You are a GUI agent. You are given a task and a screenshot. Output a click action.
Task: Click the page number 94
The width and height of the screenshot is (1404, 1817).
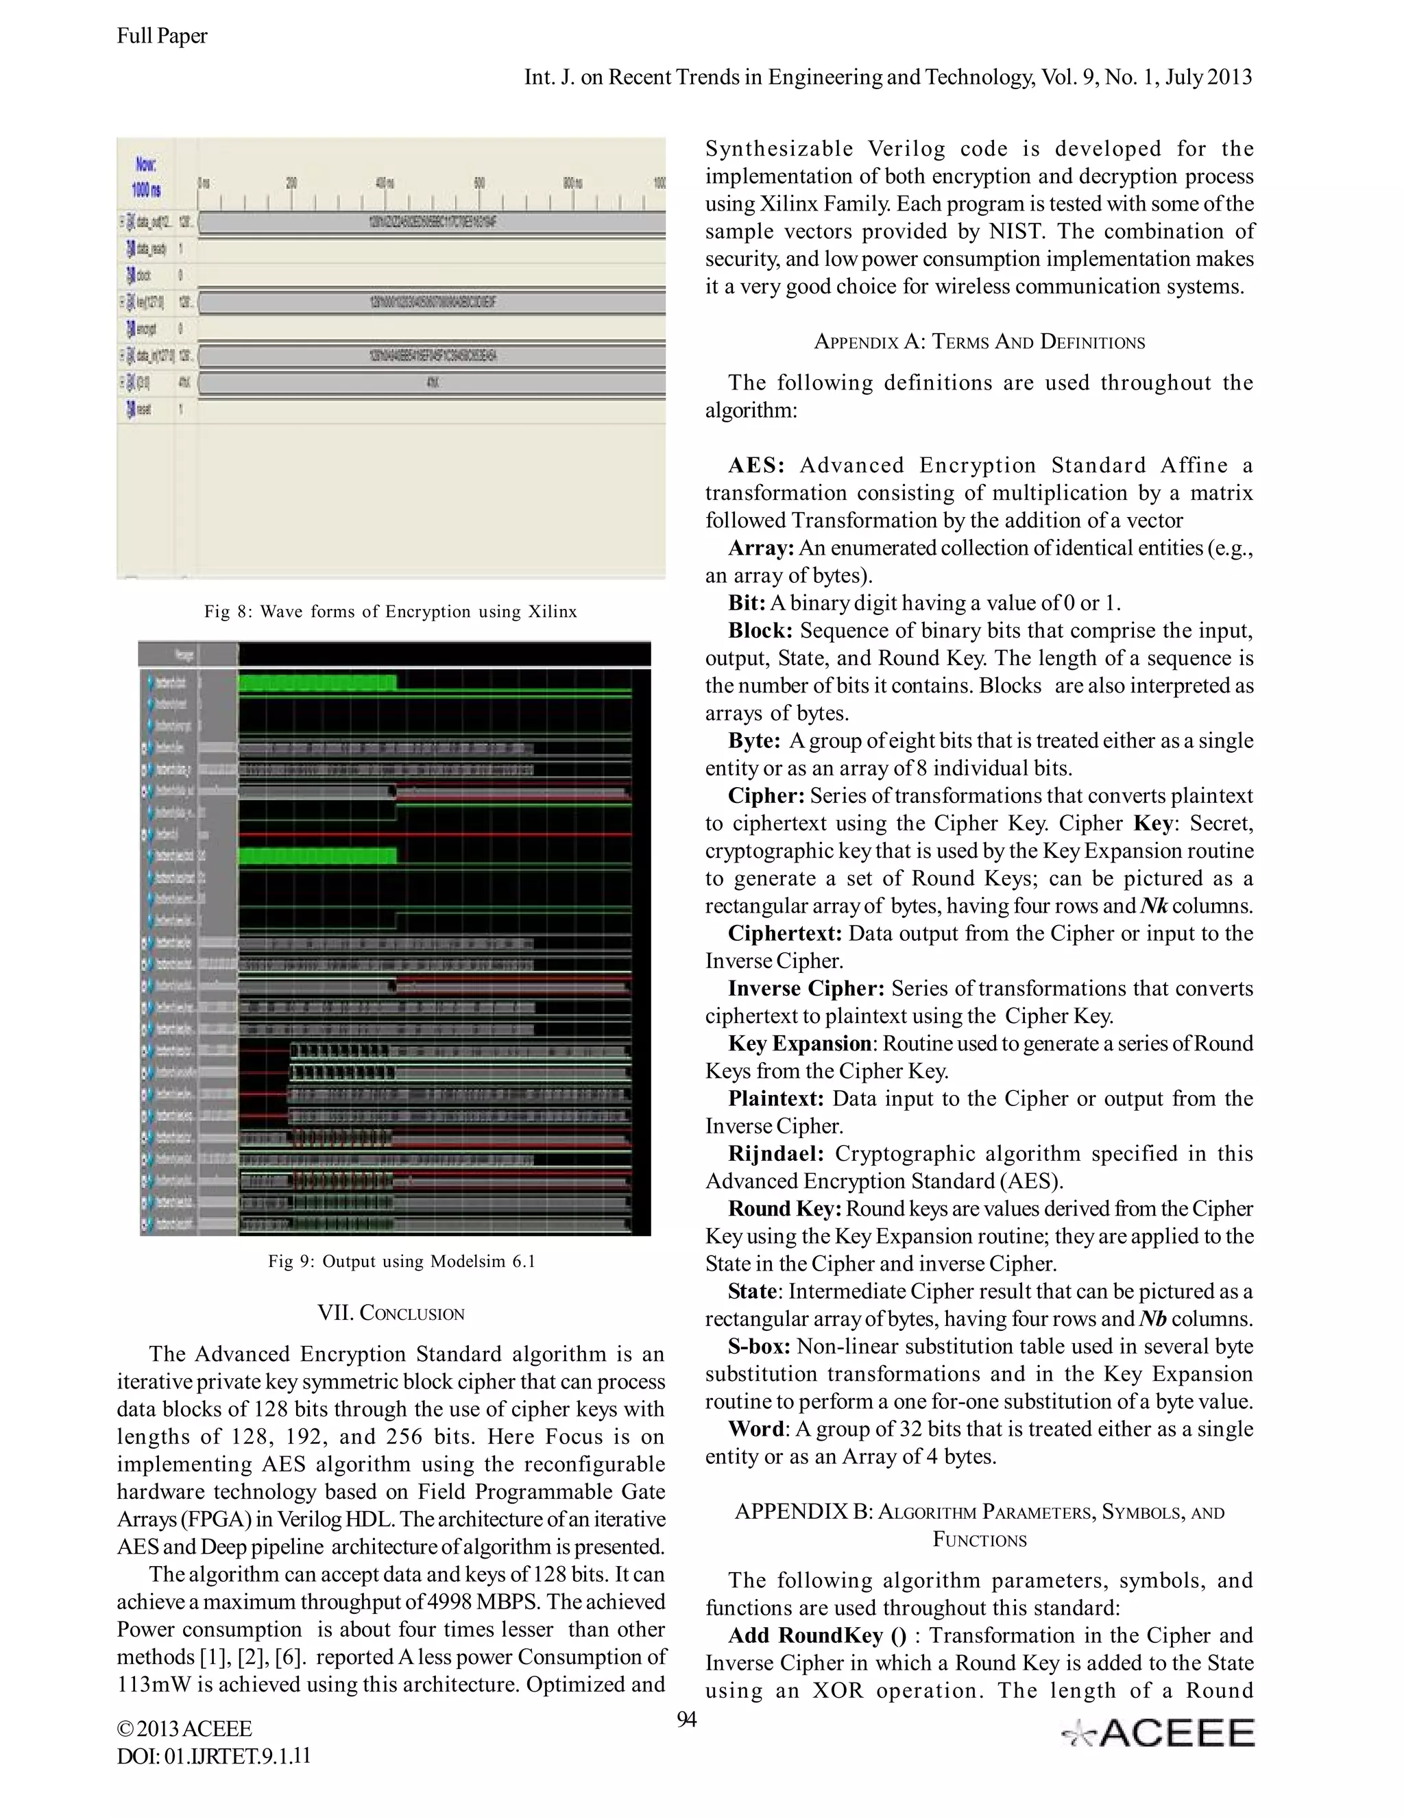point(686,1720)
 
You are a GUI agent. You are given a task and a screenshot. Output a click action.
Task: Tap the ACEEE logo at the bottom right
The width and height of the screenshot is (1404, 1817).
point(1158,1733)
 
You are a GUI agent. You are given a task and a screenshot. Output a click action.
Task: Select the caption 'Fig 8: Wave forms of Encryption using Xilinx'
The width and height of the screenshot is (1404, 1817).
point(390,612)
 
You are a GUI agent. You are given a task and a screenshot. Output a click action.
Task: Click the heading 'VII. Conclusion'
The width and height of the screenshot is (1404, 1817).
point(391,1314)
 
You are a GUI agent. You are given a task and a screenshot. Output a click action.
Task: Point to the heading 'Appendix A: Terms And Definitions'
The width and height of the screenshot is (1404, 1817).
point(979,342)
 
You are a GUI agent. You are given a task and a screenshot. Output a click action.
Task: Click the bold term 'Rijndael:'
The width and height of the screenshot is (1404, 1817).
point(775,1154)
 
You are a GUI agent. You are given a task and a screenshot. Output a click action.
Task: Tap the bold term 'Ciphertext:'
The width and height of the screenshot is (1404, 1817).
point(784,933)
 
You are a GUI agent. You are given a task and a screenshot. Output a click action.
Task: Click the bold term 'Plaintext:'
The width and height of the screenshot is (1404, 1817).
point(775,1098)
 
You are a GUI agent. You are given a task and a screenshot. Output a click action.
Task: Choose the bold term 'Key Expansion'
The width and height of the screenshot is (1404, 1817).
point(799,1044)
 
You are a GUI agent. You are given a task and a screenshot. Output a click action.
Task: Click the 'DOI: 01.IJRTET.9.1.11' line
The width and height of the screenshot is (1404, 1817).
point(214,1756)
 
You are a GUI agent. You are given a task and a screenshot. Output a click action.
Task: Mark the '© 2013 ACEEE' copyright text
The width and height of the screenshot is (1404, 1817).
point(184,1729)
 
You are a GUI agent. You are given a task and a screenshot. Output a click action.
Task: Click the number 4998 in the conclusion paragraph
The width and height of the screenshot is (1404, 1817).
point(455,1602)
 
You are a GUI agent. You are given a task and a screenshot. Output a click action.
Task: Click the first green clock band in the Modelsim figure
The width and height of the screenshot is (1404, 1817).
point(317,683)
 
